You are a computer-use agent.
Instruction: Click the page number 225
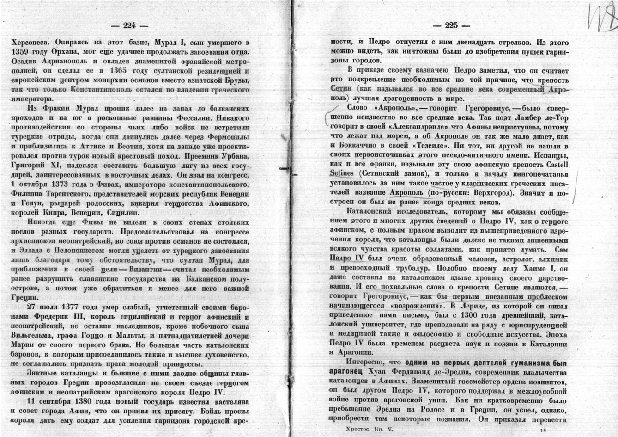[451, 26]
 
